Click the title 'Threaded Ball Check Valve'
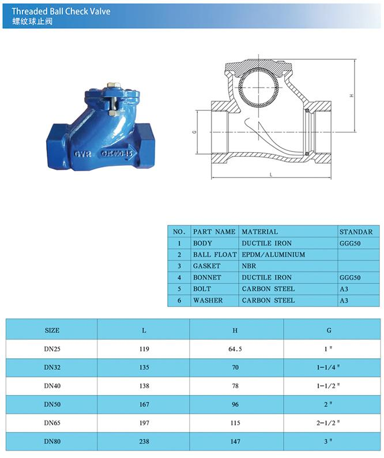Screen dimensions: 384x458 pyautogui.click(x=61, y=12)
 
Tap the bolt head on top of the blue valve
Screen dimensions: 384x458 pyautogui.click(x=112, y=85)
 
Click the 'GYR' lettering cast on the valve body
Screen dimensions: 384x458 pyautogui.click(x=83, y=154)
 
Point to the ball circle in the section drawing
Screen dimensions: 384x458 pyautogui.click(x=258, y=87)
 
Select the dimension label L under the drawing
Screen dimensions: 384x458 pyautogui.click(x=271, y=175)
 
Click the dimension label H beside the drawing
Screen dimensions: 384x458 pyautogui.click(x=352, y=96)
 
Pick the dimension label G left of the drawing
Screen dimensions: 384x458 pyautogui.click(x=195, y=132)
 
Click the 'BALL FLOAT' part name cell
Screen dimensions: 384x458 pyautogui.click(x=215, y=255)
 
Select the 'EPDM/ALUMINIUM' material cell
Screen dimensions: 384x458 pyautogui.click(x=273, y=255)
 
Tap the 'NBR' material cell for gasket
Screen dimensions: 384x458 pyautogui.click(x=249, y=266)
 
